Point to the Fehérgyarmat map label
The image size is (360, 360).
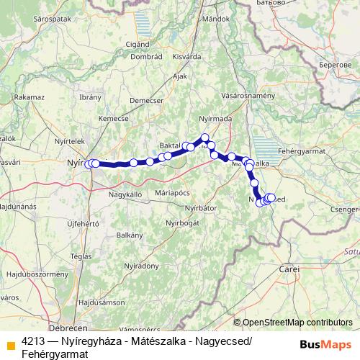[302, 152]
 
